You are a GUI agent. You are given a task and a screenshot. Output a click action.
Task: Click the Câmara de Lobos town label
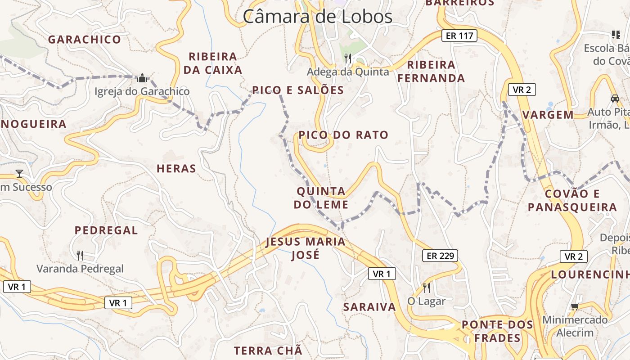pos(318,17)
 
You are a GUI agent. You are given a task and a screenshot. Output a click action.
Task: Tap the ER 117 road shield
pos(459,36)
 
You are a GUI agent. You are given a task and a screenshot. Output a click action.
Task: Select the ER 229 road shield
pos(440,256)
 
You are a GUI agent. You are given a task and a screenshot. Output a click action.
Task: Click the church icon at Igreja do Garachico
pos(142,78)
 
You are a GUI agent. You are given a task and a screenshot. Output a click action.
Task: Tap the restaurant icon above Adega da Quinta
pos(348,58)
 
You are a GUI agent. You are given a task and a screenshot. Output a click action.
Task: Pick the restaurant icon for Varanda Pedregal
pos(80,256)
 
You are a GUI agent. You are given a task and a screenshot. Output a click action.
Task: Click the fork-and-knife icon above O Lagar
pos(426,288)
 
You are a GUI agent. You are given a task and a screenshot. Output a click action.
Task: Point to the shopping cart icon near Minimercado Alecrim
pos(574,307)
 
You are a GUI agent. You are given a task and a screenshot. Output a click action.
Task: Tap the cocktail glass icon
pos(19,173)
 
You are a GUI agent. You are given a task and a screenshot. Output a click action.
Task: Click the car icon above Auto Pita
pos(615,98)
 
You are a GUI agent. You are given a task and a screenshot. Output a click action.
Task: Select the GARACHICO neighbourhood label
pos(85,40)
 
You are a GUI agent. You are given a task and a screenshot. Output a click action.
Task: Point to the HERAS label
pos(176,169)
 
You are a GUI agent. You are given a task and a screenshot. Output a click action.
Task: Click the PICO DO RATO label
pos(343,135)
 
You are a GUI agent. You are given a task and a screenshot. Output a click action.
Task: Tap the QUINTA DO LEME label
pos(321,198)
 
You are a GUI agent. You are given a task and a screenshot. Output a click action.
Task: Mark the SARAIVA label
pos(369,307)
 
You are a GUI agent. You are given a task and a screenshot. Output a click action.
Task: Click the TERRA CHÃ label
pos(268,351)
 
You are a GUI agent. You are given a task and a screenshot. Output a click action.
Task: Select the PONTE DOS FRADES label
pos(497,331)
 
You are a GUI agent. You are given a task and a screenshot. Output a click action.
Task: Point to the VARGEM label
pos(548,115)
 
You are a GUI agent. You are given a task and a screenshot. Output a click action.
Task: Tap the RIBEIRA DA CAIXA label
pos(213,63)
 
